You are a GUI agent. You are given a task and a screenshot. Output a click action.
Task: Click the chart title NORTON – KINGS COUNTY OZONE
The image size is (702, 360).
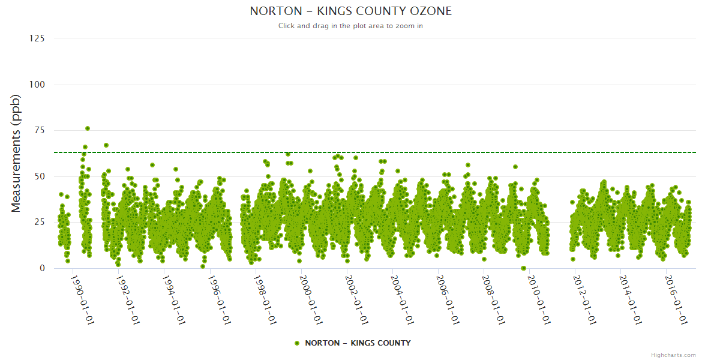(x=350, y=11)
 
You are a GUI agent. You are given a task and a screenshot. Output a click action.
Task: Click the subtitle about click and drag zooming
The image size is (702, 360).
(x=350, y=26)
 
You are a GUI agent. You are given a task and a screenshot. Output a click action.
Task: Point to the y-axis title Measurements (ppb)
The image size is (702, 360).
(x=16, y=153)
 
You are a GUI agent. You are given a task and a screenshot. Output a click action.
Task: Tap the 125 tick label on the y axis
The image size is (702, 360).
(x=37, y=38)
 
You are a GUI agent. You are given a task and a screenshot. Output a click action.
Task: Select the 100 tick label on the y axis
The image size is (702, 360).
(x=37, y=85)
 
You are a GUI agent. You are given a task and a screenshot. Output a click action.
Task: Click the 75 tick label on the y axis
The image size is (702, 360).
(x=39, y=130)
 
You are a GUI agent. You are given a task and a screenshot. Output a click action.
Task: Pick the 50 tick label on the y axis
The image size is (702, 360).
(x=39, y=176)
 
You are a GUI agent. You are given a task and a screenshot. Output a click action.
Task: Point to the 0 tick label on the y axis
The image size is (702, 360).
(x=42, y=268)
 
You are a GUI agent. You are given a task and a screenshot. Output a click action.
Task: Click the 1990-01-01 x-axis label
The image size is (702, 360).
(x=82, y=300)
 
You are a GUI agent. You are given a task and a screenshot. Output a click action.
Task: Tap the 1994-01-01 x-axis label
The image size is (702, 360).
(x=174, y=300)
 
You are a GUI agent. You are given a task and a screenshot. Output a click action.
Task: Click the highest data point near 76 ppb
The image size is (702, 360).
(x=88, y=128)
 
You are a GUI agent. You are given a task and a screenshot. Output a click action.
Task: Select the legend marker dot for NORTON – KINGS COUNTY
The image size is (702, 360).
(x=297, y=343)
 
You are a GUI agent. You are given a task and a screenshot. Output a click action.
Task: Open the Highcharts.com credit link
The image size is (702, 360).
(x=673, y=355)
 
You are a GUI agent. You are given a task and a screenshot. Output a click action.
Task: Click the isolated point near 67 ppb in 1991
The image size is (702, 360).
(x=106, y=145)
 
